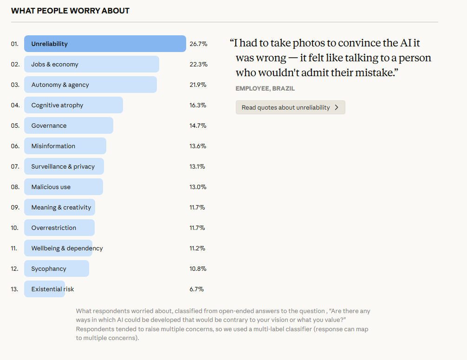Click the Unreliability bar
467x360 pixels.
(105, 44)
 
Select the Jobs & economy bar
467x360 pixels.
(91, 64)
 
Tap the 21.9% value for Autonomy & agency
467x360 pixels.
(198, 85)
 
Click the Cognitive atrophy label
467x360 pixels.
(57, 105)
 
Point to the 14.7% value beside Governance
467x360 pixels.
(198, 125)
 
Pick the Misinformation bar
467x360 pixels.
(65, 146)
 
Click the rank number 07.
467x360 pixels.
(15, 166)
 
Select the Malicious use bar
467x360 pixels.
(64, 187)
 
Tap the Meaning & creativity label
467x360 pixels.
(61, 207)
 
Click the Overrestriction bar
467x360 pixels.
(59, 228)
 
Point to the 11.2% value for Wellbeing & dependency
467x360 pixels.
(197, 248)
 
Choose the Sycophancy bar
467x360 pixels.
(57, 268)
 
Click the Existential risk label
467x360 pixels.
(52, 289)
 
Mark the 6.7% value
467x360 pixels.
(196, 289)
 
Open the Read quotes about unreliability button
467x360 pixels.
(290, 107)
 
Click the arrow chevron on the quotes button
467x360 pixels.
(337, 107)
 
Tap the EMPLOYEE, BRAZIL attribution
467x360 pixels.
(265, 88)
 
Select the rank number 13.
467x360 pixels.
(15, 289)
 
